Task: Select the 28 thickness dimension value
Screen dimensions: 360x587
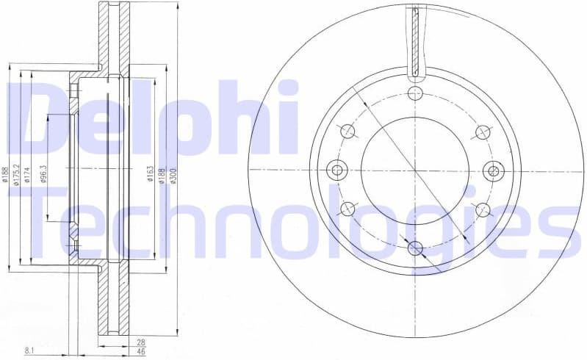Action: coord(140,342)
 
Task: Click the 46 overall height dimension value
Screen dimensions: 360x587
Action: coord(140,352)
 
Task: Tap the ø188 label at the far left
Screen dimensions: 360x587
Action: coord(4,173)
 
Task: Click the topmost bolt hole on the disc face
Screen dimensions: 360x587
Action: coord(415,93)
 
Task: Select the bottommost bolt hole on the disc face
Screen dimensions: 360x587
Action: coord(415,248)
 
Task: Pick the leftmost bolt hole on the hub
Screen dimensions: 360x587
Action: coord(338,170)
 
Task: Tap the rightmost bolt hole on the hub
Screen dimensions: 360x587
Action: coord(492,170)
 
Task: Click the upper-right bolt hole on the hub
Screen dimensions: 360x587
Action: coord(483,132)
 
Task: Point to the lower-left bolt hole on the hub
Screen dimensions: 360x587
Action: coord(347,209)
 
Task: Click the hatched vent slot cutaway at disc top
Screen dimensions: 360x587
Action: coord(415,40)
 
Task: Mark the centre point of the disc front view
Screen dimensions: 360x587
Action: coord(415,170)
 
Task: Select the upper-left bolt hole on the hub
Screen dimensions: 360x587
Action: coord(347,132)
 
